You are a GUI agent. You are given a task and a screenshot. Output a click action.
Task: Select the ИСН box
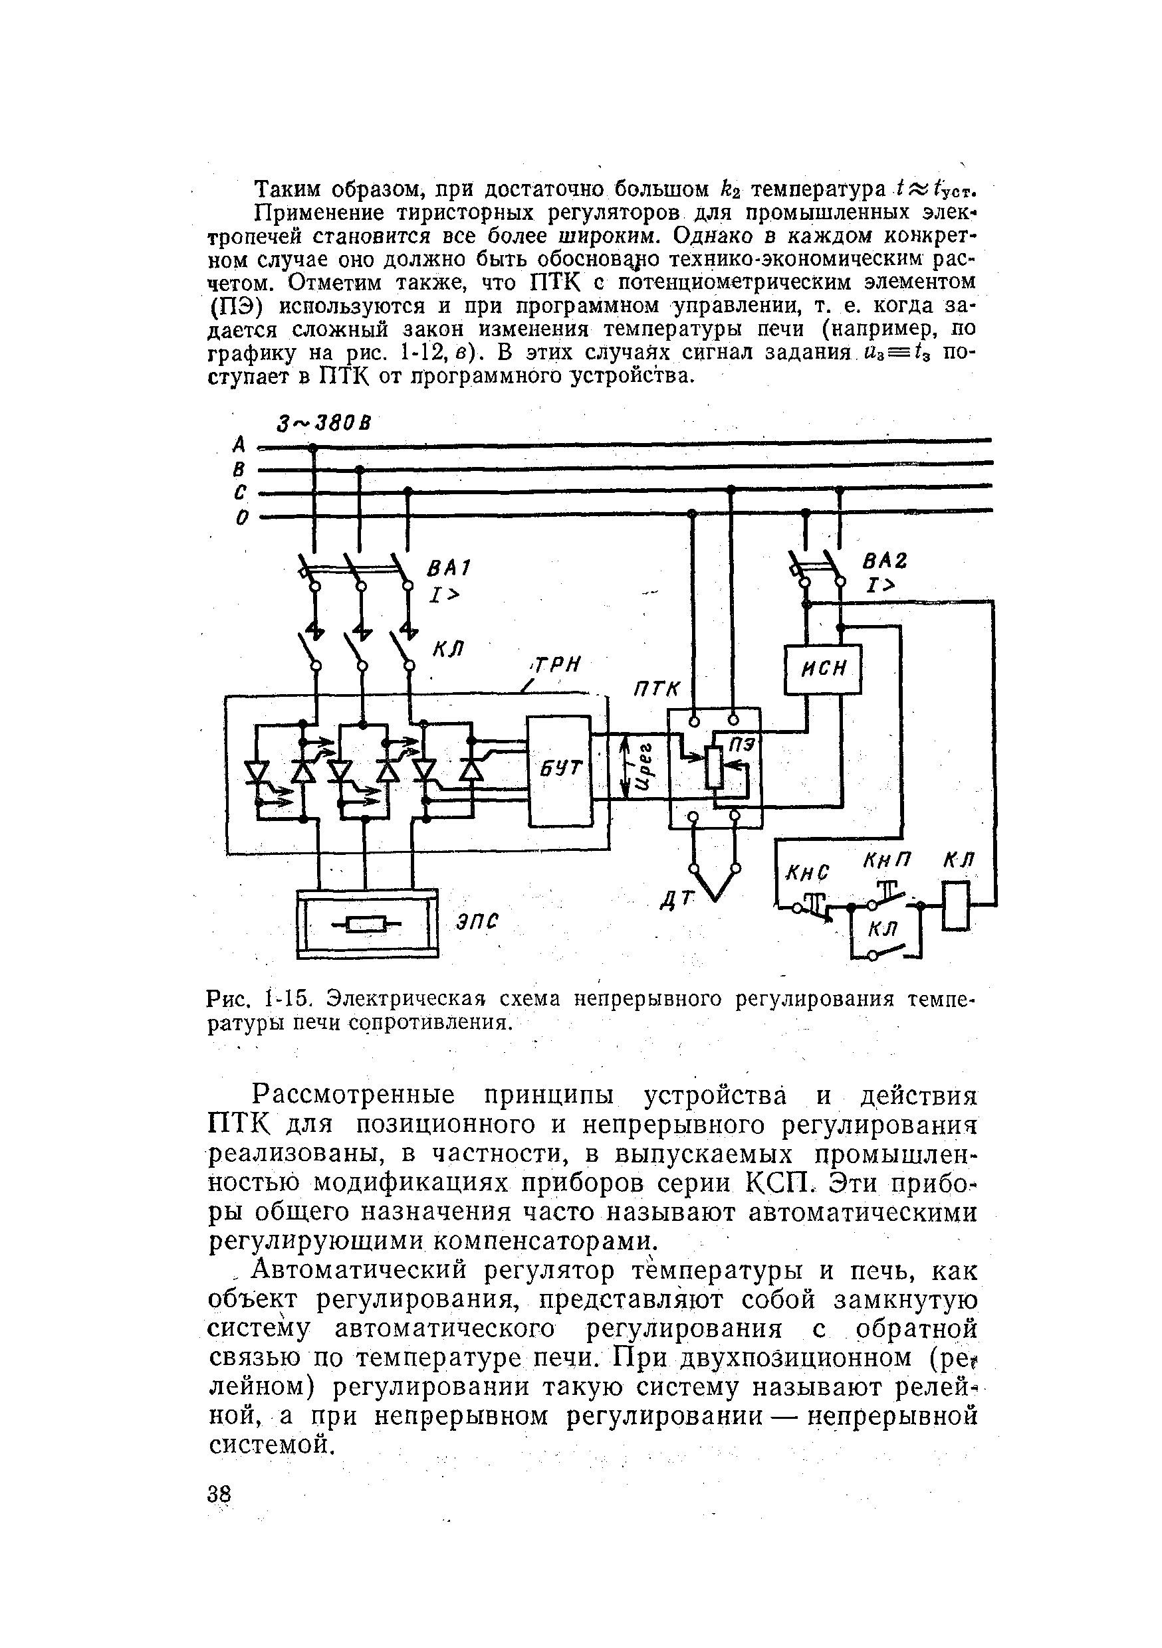tap(822, 670)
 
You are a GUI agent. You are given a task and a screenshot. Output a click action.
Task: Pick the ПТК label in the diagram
tap(655, 689)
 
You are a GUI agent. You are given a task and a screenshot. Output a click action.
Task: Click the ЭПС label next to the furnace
tap(477, 921)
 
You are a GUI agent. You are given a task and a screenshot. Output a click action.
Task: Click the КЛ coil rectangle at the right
tap(956, 906)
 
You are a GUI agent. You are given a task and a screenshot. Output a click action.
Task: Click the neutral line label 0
tap(243, 517)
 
